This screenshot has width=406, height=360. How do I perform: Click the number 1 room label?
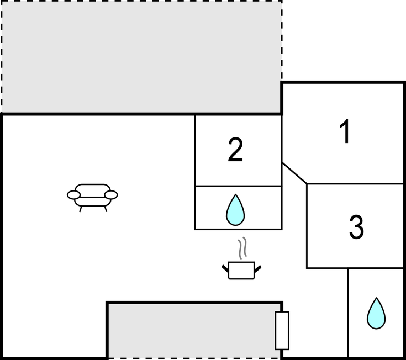click(345, 133)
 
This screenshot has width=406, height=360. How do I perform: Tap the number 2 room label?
click(235, 150)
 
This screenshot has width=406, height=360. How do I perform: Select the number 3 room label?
click(357, 226)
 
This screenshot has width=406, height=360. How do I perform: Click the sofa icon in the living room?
click(92, 195)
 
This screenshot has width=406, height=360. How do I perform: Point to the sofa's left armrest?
click(74, 195)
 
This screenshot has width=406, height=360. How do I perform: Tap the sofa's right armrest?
click(111, 195)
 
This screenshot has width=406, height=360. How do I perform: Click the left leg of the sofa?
click(81, 209)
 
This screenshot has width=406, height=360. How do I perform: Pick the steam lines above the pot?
click(241, 248)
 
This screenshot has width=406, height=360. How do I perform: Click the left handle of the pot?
click(226, 268)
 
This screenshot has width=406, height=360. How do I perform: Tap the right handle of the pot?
click(257, 268)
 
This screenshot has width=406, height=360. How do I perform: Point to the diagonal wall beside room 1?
click(294, 173)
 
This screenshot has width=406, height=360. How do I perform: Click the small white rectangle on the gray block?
click(282, 330)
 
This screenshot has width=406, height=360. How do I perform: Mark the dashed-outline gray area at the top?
click(141, 56)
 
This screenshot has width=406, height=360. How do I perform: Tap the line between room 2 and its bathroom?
click(238, 186)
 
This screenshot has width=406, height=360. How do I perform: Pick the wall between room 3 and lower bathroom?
click(376, 268)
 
